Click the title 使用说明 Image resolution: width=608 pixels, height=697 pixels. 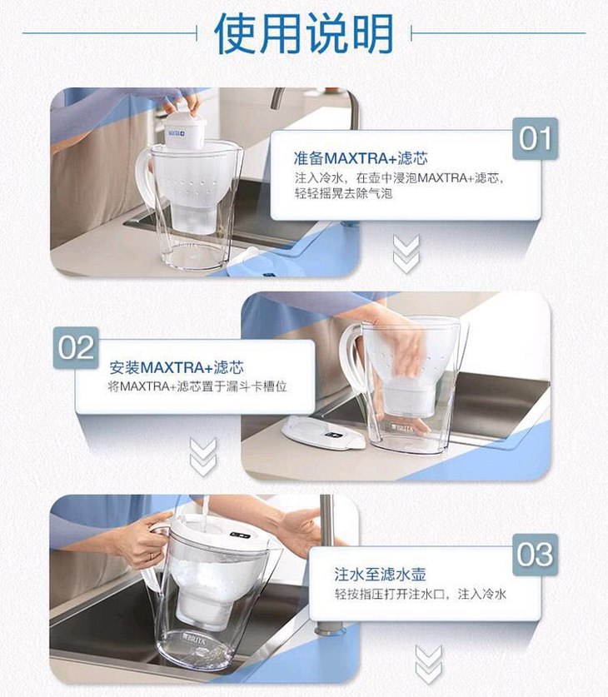pos(304,33)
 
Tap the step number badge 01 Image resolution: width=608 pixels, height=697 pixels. pos(535,138)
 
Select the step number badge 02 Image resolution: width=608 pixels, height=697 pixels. pos(76,347)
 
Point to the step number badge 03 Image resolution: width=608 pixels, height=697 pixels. pos(535,555)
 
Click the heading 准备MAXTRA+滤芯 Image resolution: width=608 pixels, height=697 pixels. pos(361,157)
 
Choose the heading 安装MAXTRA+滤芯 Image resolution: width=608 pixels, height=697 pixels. pos(177,367)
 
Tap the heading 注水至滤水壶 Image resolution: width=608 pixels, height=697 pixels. pos(380,574)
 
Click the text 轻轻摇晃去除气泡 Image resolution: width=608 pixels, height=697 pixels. pos(343,193)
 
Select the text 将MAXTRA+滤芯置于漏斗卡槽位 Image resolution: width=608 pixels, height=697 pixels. pos(197,386)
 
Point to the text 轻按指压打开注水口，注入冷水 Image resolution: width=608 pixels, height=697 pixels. pos(421,594)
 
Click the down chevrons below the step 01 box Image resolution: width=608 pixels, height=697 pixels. pos(406,254)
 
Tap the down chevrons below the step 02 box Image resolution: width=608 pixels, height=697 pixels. pos(203,457)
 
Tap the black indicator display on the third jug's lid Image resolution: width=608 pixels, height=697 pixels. pos(241,535)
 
